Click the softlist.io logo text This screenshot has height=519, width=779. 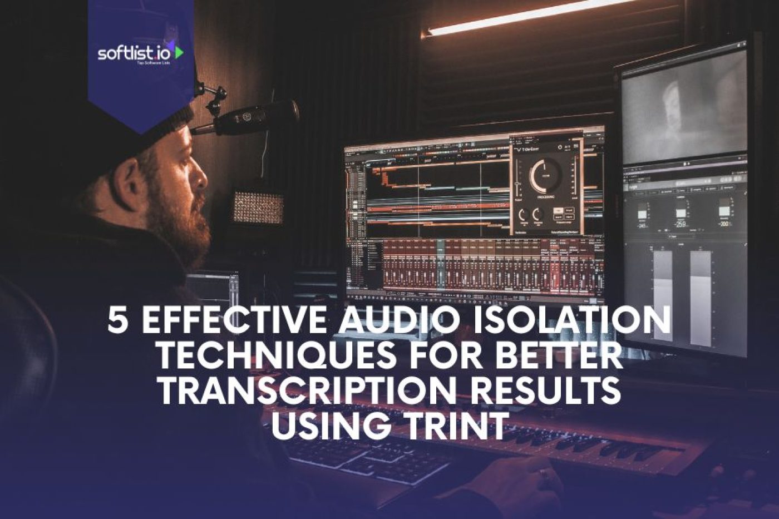coord(135,53)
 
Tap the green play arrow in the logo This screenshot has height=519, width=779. coord(179,53)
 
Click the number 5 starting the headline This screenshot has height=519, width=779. coord(117,321)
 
